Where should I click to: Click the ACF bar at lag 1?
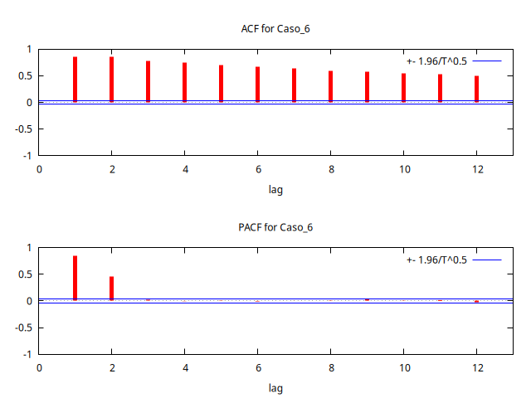(x=75, y=80)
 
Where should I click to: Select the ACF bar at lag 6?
(x=257, y=85)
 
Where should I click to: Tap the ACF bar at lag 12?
(x=476, y=89)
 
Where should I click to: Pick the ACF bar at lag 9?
(x=367, y=87)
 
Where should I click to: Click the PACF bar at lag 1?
(x=75, y=278)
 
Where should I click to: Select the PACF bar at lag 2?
(x=111, y=288)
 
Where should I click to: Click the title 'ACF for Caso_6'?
(x=275, y=29)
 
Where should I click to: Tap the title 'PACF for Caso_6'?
(x=275, y=227)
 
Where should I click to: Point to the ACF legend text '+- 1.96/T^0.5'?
(x=436, y=61)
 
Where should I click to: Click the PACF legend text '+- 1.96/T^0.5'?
(x=436, y=260)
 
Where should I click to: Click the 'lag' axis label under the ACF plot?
(x=275, y=189)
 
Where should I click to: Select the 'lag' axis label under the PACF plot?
(x=275, y=387)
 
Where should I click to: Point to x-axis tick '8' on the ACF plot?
(x=330, y=169)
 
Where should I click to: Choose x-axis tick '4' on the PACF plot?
(x=184, y=367)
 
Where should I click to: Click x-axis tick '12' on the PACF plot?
(x=476, y=367)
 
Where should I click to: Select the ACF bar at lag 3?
(x=148, y=81)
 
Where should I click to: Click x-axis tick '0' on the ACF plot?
(x=38, y=169)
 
